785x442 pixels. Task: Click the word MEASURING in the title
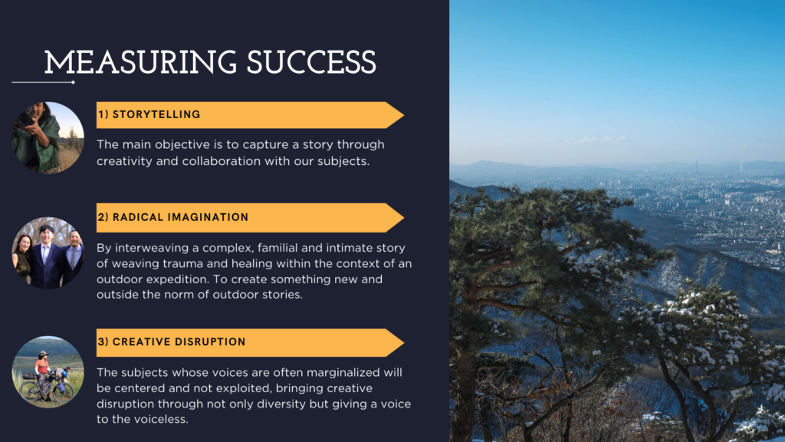[x=140, y=63]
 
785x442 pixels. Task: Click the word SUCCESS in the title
[x=311, y=63]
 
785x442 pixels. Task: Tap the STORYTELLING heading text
[x=156, y=114]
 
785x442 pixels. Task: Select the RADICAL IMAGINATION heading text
[x=180, y=217]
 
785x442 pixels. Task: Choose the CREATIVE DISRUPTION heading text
[x=179, y=341]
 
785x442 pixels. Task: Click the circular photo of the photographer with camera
[x=48, y=138]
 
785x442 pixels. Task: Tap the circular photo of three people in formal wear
[x=48, y=252]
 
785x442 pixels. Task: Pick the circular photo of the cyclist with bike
[x=48, y=371]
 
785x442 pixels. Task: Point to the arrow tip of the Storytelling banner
[x=403, y=115]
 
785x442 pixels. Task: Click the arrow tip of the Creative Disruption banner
[x=403, y=343]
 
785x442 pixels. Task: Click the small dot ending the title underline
[x=73, y=82]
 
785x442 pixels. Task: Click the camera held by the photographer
[x=25, y=118]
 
